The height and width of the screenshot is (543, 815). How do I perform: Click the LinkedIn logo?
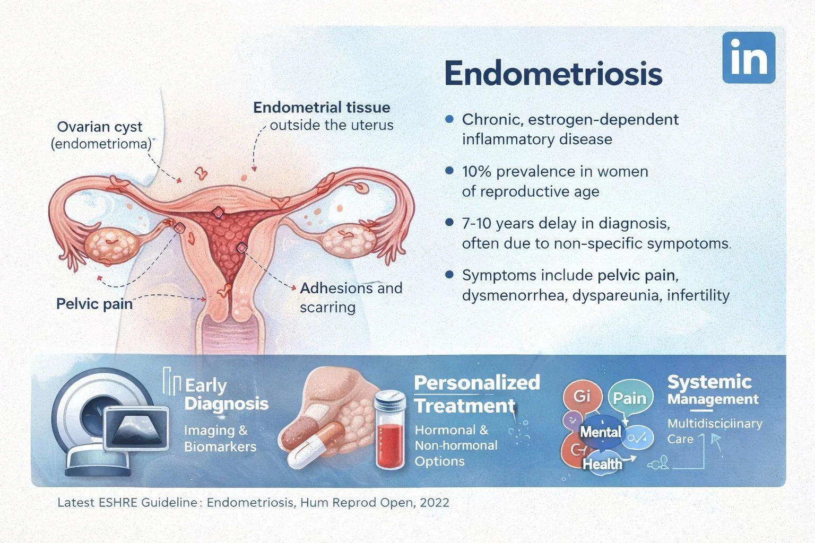pyautogui.click(x=749, y=58)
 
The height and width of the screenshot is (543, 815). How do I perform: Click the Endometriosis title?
pyautogui.click(x=553, y=74)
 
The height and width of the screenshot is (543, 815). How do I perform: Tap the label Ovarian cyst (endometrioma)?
pyautogui.click(x=100, y=135)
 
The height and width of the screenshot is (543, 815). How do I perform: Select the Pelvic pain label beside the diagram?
pyautogui.click(x=94, y=304)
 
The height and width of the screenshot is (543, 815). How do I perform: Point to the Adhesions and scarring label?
pyautogui.click(x=351, y=297)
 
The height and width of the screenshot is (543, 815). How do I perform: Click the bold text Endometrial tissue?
pyautogui.click(x=322, y=108)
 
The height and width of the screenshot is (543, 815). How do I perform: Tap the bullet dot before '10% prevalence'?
pyautogui.click(x=449, y=171)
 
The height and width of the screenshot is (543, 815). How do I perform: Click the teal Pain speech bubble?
pyautogui.click(x=630, y=398)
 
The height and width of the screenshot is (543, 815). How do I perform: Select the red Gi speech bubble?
pyautogui.click(x=582, y=396)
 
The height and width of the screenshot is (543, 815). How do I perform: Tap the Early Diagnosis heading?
pyautogui.click(x=226, y=394)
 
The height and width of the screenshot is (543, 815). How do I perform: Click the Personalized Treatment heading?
pyautogui.click(x=476, y=394)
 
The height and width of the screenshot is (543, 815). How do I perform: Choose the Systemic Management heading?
pyautogui.click(x=713, y=389)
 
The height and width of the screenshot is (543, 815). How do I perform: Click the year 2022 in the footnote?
pyautogui.click(x=434, y=503)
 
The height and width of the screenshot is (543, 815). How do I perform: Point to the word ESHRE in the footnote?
pyautogui.click(x=118, y=503)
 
